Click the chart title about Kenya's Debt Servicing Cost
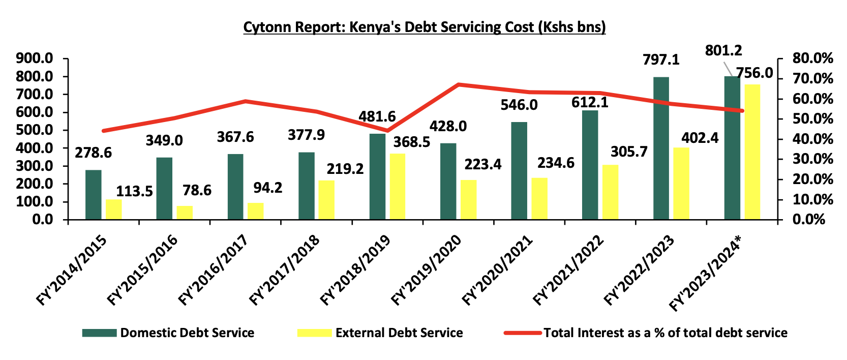[424, 27]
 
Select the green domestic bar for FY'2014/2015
[94, 195]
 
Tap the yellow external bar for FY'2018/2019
[398, 187]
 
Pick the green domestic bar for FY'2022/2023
[661, 148]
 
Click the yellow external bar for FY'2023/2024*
[752, 152]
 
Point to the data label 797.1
[661, 60]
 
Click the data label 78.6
[197, 190]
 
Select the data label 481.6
[377, 116]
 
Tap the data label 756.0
[754, 73]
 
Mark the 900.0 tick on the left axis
[35, 58]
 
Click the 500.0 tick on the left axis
[35, 130]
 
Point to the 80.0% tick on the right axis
[812, 58]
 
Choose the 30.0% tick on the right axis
[812, 159]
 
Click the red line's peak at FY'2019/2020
[459, 84]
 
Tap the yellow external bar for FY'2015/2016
[185, 213]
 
